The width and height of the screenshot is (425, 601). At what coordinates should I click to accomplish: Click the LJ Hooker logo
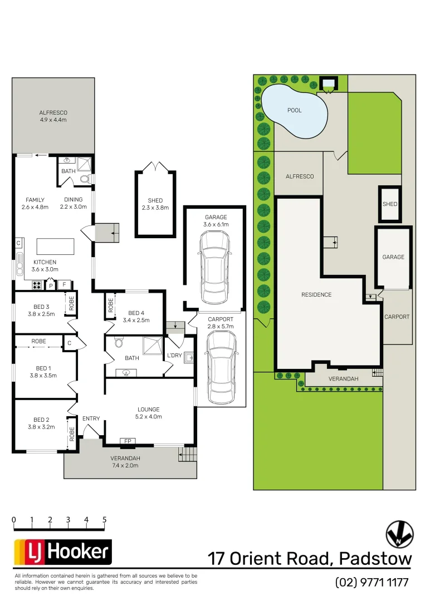[x=62, y=553]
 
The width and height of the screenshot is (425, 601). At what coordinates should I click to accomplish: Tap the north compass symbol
[x=399, y=535]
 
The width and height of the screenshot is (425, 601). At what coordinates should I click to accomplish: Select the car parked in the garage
[x=214, y=266]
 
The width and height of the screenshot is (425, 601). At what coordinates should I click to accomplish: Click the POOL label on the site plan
[x=295, y=110]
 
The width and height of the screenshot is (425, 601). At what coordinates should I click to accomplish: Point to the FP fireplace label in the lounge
[x=128, y=441]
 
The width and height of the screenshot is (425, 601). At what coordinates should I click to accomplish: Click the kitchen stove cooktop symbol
[x=37, y=285]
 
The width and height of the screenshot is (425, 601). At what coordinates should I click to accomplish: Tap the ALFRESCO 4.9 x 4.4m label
[x=53, y=116]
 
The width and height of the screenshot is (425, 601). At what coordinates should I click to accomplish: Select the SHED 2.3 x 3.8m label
[x=155, y=204]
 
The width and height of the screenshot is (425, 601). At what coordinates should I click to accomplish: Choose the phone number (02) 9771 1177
[x=372, y=583]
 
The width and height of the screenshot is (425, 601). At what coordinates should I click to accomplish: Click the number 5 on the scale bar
[x=105, y=520]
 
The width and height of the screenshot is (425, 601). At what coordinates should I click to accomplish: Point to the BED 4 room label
[x=139, y=316]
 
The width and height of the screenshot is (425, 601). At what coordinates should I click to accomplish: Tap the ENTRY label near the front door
[x=91, y=418]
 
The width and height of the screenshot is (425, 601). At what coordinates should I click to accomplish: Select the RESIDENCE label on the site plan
[x=316, y=295]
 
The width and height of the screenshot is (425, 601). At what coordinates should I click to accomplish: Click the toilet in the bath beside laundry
[x=118, y=344]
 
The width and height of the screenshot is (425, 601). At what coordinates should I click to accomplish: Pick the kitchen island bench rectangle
[x=55, y=246]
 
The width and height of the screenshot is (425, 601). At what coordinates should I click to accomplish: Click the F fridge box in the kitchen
[x=64, y=285]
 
